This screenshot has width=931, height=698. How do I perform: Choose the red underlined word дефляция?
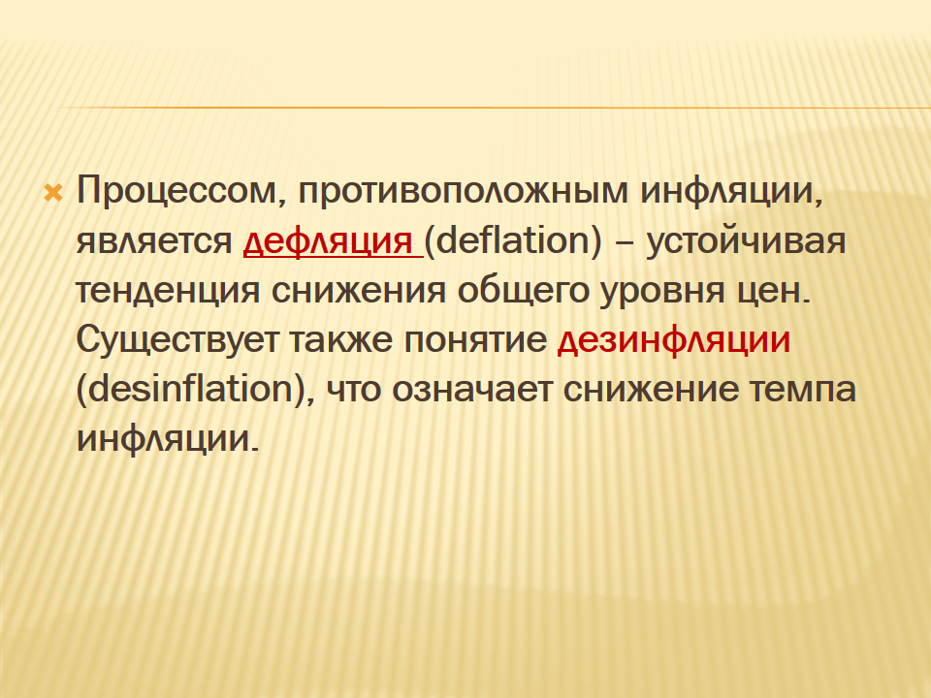pos(330,239)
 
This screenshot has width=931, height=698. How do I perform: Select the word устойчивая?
pos(747,239)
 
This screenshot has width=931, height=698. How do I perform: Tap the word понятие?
pos(476,340)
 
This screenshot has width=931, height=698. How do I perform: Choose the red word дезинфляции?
pos(675,340)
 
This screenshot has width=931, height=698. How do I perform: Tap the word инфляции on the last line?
pos(167,441)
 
